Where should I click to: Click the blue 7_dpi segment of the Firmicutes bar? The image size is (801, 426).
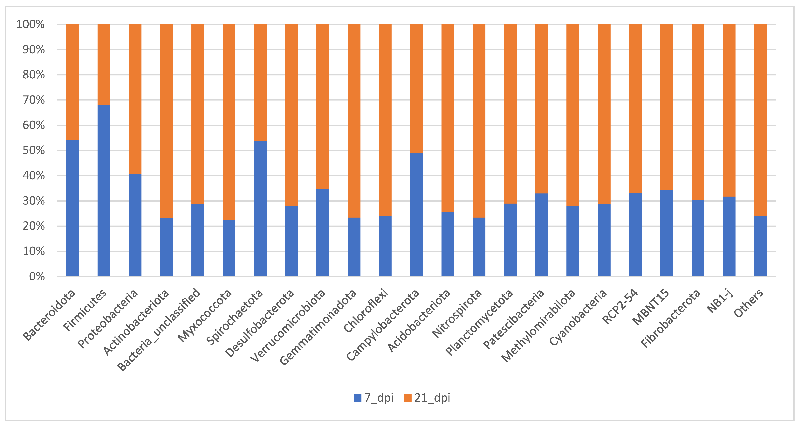(x=104, y=190)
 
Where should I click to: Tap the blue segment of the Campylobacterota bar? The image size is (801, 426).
(x=416, y=215)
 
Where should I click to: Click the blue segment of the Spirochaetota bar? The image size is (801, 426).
(x=260, y=208)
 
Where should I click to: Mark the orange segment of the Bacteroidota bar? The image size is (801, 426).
(x=72, y=82)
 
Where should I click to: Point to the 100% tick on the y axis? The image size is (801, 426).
(x=31, y=24)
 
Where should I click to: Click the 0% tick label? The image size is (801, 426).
(x=37, y=276)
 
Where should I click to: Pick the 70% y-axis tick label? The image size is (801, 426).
(x=34, y=100)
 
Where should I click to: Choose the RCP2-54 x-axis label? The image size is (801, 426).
(x=620, y=306)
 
